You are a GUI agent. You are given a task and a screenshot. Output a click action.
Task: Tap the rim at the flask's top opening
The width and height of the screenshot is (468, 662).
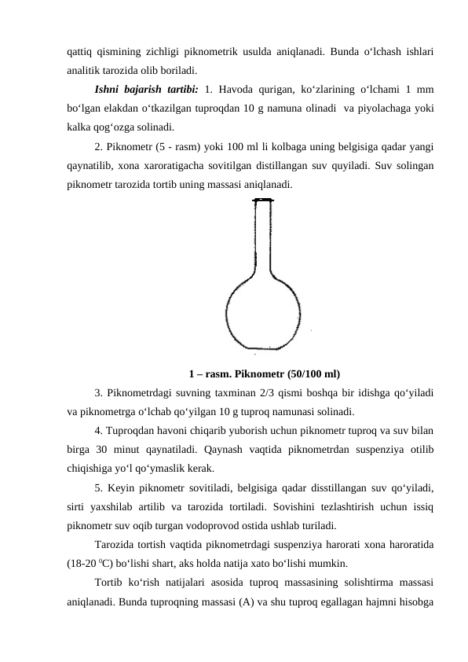click(264, 200)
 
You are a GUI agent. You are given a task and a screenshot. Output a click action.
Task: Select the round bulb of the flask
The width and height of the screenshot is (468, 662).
click(264, 311)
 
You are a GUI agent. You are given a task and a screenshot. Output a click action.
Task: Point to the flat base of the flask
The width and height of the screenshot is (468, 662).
click(264, 348)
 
